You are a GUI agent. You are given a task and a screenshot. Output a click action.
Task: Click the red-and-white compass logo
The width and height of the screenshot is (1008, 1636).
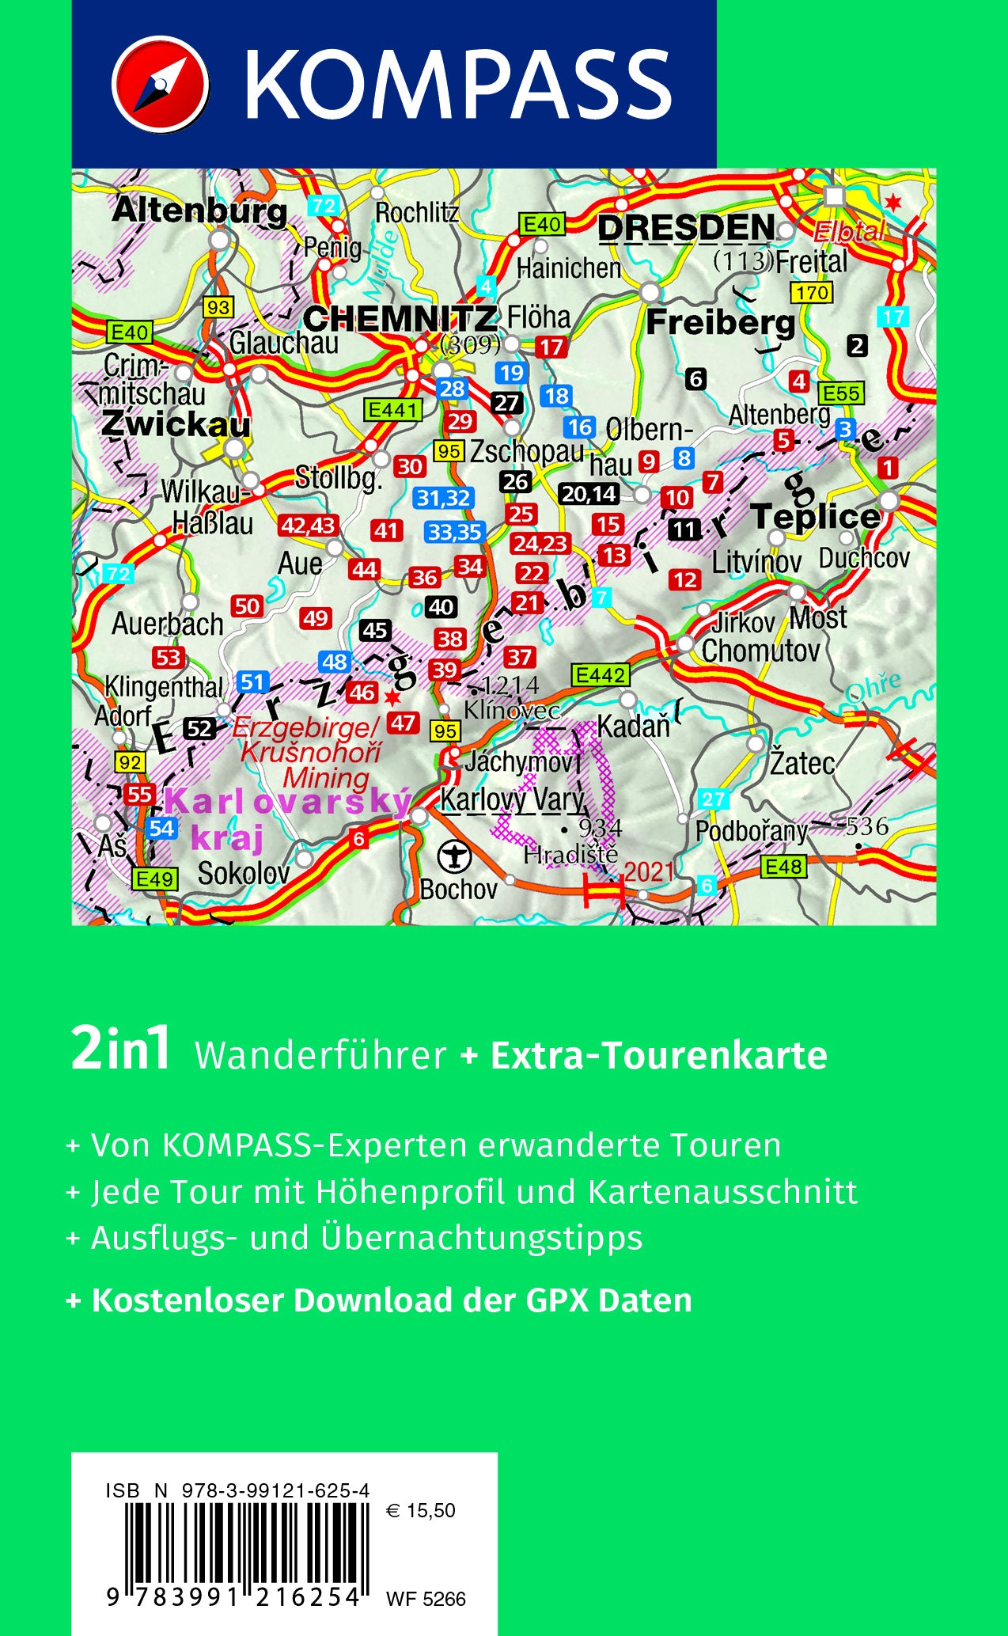tap(160, 84)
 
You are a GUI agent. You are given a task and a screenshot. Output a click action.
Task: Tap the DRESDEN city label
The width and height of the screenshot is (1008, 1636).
tap(686, 228)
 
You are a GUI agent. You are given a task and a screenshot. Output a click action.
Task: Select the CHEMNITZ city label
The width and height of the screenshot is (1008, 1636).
tap(400, 319)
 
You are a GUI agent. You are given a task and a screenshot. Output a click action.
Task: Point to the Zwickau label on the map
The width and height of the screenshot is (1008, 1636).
tap(176, 424)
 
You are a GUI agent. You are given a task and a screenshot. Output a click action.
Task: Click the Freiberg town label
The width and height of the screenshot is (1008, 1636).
tap(720, 322)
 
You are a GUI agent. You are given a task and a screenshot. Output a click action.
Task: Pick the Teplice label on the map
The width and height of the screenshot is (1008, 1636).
tap(815, 516)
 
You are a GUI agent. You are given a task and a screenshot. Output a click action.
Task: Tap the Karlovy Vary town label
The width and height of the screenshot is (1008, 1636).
tap(512, 800)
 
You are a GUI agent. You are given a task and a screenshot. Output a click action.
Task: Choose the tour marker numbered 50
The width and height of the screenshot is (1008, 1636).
tap(247, 606)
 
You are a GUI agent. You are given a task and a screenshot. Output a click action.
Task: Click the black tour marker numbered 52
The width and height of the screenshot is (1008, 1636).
tap(199, 729)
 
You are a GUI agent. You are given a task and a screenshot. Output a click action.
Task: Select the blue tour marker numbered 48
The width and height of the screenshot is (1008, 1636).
tap(335, 662)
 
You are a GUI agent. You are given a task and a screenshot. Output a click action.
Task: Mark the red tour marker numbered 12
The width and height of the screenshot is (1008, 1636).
tap(685, 579)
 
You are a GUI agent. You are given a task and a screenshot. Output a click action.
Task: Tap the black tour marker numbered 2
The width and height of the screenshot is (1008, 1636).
tap(857, 345)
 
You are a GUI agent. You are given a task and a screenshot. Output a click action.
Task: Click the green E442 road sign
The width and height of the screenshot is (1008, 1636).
tap(601, 675)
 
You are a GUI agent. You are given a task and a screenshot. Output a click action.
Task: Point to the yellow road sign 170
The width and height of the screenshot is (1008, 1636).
tap(812, 293)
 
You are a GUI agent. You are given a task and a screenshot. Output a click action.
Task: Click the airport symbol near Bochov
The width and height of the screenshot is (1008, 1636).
tap(454, 856)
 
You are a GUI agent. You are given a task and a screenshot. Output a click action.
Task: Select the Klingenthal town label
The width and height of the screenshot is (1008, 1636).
tap(164, 687)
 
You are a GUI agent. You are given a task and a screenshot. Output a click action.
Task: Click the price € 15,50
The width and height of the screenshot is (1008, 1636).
tap(421, 1511)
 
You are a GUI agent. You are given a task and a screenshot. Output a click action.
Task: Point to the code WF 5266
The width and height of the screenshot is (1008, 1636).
tap(426, 1599)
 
